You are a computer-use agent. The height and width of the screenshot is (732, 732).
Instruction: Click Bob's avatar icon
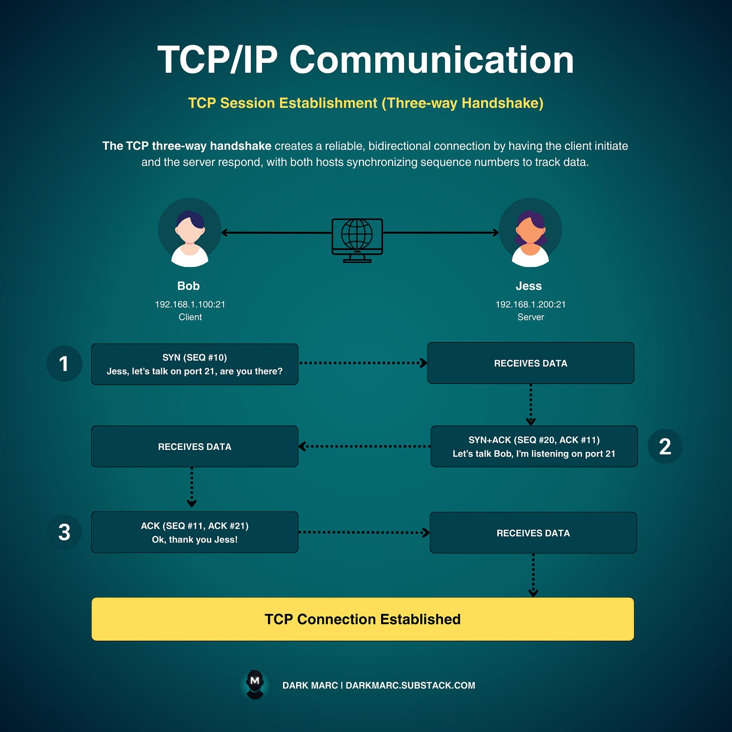[190, 232]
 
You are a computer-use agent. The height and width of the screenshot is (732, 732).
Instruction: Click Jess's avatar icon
[530, 232]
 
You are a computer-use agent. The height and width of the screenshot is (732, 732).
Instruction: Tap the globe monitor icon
[357, 240]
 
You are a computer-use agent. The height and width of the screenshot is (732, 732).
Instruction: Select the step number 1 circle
[64, 363]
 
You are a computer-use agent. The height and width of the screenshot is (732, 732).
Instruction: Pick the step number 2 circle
[665, 446]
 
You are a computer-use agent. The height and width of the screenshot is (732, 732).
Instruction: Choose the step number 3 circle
[64, 532]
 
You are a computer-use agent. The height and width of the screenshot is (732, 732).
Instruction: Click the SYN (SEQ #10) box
[195, 364]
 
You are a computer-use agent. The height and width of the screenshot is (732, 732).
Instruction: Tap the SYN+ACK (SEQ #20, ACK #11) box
[534, 446]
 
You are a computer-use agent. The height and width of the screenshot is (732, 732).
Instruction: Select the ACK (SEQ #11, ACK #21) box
[195, 532]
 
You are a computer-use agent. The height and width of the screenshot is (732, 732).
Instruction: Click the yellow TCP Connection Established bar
[362, 619]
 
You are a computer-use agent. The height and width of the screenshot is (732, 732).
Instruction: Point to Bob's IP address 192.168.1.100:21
[190, 304]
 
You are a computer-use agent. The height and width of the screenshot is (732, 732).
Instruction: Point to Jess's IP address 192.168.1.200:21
[530, 304]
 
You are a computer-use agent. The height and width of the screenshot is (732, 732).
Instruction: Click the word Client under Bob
[190, 317]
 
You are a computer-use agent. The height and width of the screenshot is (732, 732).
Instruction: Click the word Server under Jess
[530, 317]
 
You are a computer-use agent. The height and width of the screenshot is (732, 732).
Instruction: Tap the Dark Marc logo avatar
[255, 684]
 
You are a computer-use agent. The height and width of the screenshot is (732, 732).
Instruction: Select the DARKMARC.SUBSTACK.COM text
[410, 685]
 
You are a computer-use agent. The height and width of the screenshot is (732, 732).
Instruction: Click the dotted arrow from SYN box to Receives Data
[362, 362]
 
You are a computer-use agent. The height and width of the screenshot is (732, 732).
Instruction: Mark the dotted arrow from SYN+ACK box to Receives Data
[364, 446]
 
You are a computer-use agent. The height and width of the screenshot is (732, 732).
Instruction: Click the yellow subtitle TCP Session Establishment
[365, 103]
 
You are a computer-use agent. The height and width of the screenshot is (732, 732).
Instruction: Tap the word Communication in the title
[431, 60]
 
